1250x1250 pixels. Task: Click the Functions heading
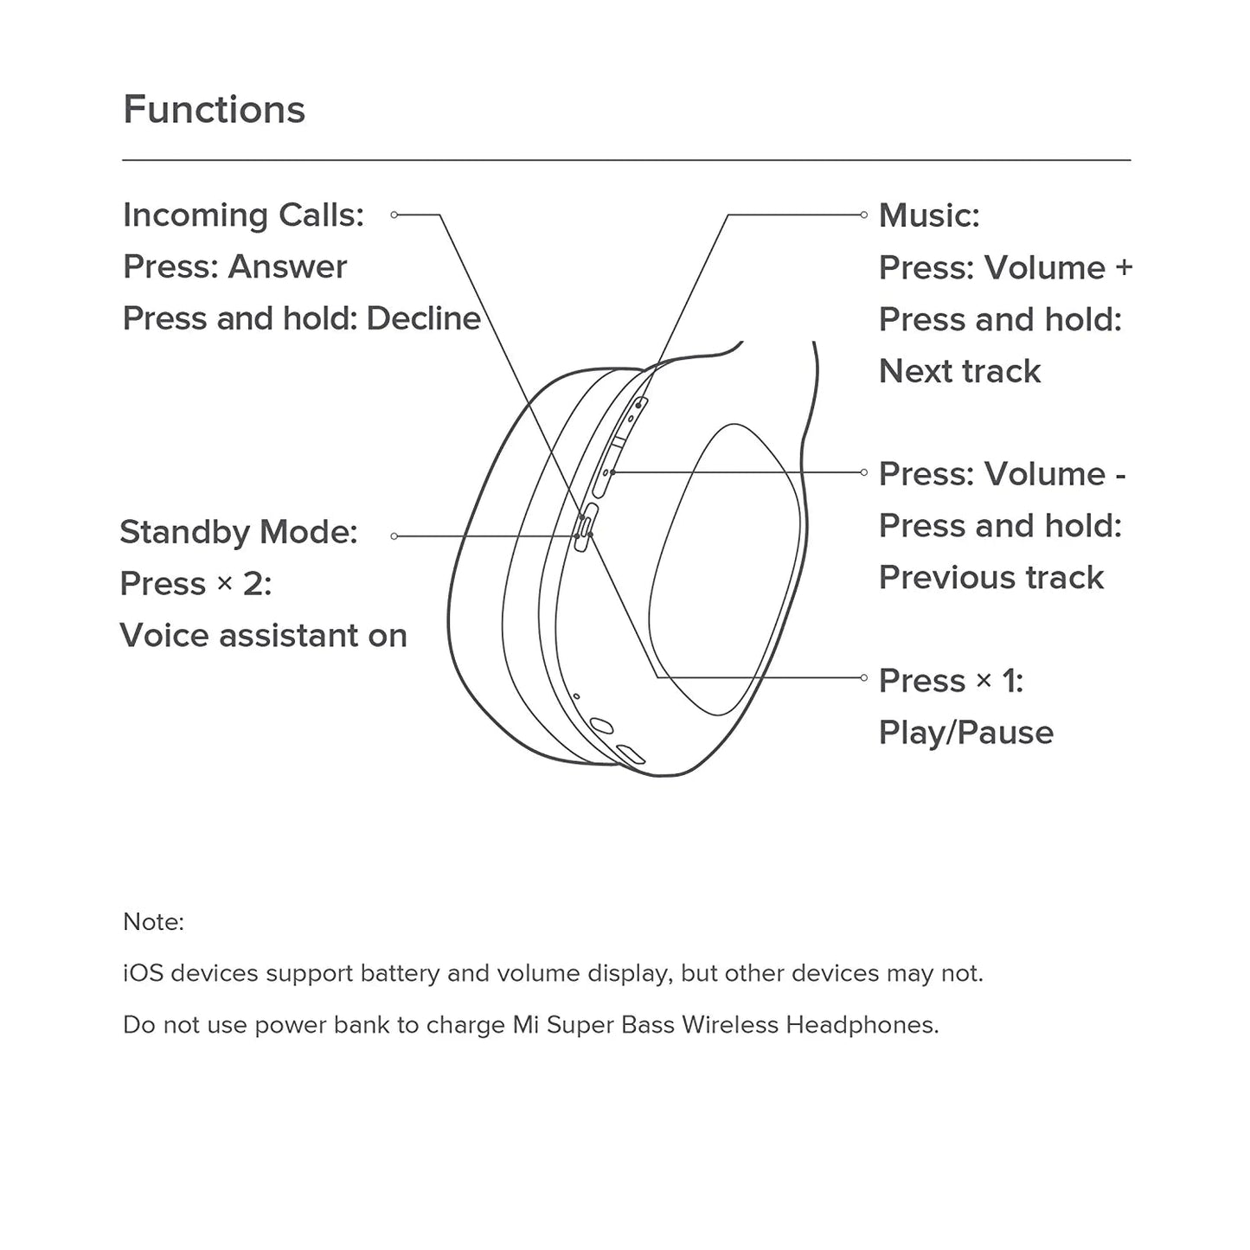tap(214, 110)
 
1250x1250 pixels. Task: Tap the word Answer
tap(288, 267)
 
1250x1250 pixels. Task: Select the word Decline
tap(423, 318)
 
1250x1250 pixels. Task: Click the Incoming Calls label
tap(243, 215)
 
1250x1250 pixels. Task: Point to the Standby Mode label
tap(238, 532)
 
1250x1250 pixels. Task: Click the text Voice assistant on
tap(263, 636)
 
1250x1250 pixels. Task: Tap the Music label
tap(929, 215)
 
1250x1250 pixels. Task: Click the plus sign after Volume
tap(1124, 267)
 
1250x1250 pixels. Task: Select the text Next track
tap(959, 371)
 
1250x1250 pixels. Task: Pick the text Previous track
tap(991, 578)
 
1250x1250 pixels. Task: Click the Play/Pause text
tap(966, 733)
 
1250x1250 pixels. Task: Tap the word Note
tap(153, 922)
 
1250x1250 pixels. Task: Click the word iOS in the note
tap(143, 973)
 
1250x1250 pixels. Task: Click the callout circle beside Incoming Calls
tap(394, 215)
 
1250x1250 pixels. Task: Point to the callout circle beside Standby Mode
tap(394, 536)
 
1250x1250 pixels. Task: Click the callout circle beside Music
tap(863, 215)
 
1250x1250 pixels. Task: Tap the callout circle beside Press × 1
tap(863, 677)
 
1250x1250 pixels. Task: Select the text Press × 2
tap(196, 584)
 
